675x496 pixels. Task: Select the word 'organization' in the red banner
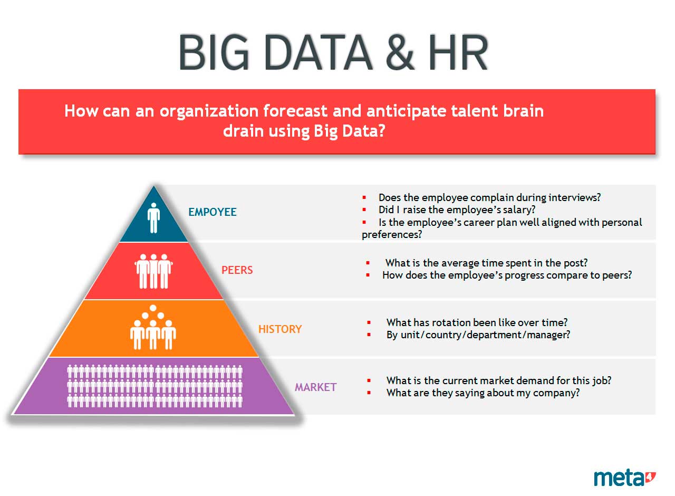pos(209,111)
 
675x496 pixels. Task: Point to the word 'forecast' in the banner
pos(295,111)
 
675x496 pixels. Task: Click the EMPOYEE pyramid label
pos(213,212)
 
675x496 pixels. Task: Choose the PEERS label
pos(237,270)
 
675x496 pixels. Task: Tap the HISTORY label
pos(280,329)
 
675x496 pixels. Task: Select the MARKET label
pos(315,387)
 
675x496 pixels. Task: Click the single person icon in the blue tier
pos(153,218)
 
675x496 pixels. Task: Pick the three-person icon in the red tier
pos(153,271)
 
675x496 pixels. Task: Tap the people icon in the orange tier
pos(153,327)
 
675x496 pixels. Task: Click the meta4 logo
pos(624,478)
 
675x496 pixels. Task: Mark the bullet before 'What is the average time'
pos(368,263)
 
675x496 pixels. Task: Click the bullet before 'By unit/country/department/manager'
pos(369,335)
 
